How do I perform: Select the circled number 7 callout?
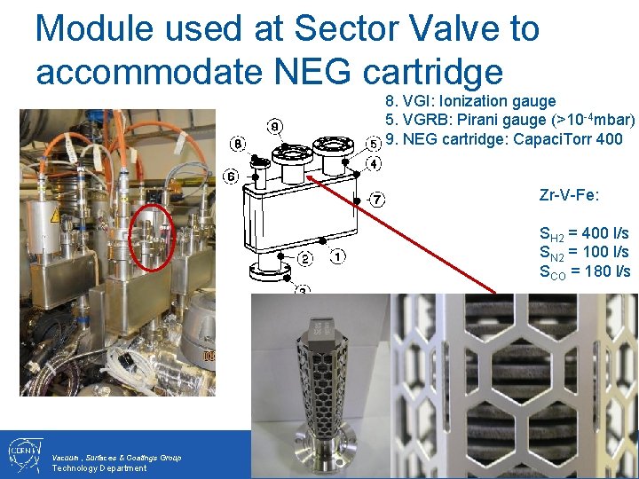point(378,200)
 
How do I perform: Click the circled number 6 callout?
point(231,177)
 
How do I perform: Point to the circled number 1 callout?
point(338,257)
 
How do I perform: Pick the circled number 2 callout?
point(304,259)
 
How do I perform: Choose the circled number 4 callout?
point(375,164)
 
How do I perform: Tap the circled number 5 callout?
point(375,143)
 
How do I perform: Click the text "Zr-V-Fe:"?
point(569,194)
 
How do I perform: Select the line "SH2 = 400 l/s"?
point(584,234)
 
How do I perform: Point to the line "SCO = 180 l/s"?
point(584,271)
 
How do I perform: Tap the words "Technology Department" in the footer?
point(99,468)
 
